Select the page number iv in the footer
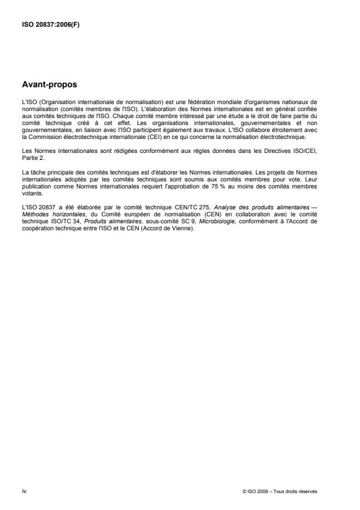pyautogui.click(x=24, y=490)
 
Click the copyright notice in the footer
pyautogui.click(x=280, y=491)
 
